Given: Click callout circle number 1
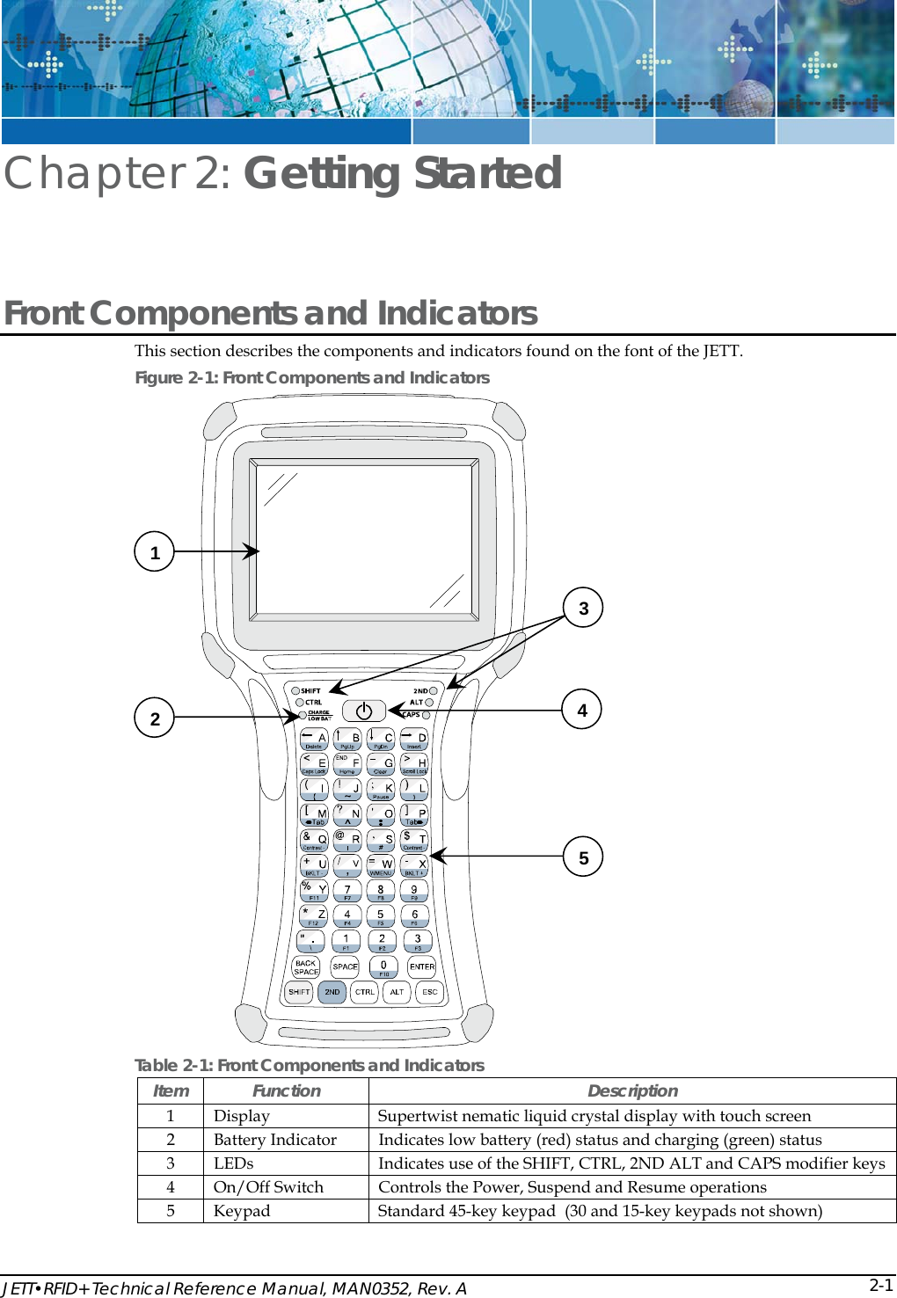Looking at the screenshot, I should (x=155, y=552).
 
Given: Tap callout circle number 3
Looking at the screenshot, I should (x=583, y=608).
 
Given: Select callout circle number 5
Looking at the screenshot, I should (x=583, y=857).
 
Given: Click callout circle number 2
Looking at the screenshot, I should (x=155, y=718).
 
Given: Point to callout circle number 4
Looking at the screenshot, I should (x=582, y=710).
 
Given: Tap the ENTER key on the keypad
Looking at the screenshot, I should (x=422, y=966).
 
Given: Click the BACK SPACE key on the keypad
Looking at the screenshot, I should (x=306, y=966).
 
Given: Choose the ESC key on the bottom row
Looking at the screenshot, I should (x=429, y=992).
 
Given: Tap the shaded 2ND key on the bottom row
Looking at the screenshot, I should (x=332, y=992).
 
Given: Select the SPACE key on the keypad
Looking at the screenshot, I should (x=345, y=966).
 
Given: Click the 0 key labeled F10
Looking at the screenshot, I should (x=383, y=966).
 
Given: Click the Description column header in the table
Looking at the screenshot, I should (x=632, y=1091).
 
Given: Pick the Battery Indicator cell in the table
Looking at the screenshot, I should (x=275, y=1140).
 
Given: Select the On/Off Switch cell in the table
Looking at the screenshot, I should (x=268, y=1187).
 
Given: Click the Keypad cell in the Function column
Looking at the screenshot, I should (x=242, y=1211).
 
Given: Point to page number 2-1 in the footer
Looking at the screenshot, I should (x=881, y=1285).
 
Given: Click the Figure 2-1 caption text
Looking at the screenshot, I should (x=312, y=377).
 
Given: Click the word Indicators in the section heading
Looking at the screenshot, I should (x=456, y=313).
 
